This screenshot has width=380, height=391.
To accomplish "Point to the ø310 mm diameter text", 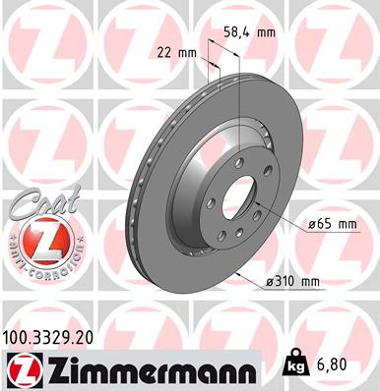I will click(292, 283).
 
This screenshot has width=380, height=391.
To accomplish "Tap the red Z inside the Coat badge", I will click(37, 239).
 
